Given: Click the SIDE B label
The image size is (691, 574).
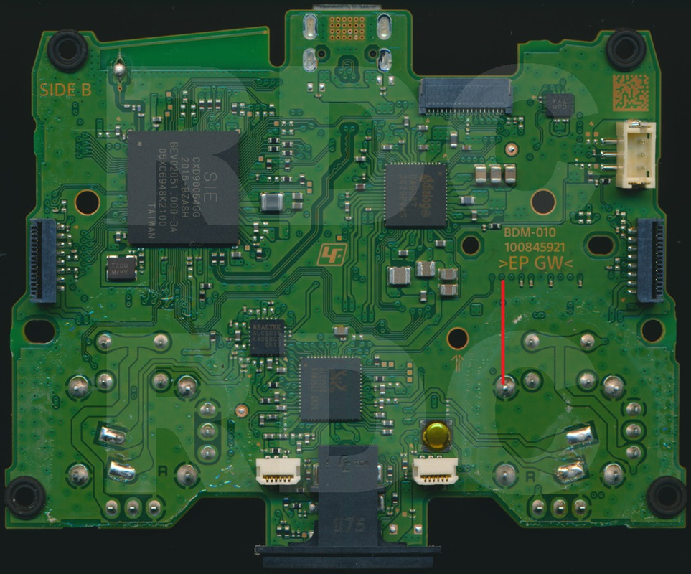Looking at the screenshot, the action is pos(65,90).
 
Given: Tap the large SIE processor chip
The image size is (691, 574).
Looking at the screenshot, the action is pos(184,188).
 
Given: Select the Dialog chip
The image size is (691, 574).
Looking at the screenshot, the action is pos(415,194).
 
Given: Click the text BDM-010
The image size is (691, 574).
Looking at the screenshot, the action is pos(530,233).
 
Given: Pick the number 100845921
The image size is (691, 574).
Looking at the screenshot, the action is pos(535,248).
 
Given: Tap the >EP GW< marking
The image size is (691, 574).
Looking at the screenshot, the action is pos(535,264).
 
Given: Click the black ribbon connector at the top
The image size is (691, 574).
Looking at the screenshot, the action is pos(466,96).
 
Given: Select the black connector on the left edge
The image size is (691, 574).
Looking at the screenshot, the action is pos(43,259).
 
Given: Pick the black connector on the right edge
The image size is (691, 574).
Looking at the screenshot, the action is pos(649,259).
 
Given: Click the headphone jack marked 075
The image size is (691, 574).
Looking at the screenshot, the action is pos(347,502).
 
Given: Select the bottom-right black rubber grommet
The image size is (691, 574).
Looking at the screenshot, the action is pos(667,496).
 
